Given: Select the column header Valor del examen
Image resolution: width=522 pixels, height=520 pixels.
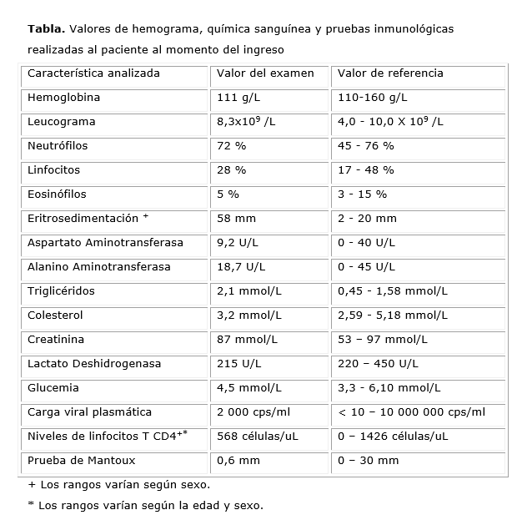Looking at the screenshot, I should (265, 73).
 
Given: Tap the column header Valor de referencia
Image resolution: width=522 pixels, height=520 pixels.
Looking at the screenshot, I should (390, 73).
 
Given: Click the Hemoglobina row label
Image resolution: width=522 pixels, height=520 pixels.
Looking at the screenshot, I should (63, 98).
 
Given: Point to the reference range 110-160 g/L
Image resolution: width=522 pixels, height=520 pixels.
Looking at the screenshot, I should (372, 98).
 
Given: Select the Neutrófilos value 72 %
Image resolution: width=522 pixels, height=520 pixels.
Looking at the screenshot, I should (231, 146).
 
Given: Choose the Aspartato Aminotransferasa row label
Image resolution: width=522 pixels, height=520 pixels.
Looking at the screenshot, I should (105, 243).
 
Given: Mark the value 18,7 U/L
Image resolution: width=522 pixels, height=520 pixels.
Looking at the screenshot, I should (241, 267).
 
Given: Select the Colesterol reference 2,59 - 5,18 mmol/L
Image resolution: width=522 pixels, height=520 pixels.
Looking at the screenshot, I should (393, 316).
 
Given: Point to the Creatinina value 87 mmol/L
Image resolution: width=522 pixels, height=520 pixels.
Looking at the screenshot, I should (248, 340).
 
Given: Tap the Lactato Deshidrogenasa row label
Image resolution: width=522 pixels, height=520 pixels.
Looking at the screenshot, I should (94, 364).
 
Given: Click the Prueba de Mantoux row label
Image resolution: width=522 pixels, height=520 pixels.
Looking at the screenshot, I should (81, 461).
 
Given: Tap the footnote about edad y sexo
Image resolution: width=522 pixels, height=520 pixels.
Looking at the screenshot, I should (145, 506).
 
